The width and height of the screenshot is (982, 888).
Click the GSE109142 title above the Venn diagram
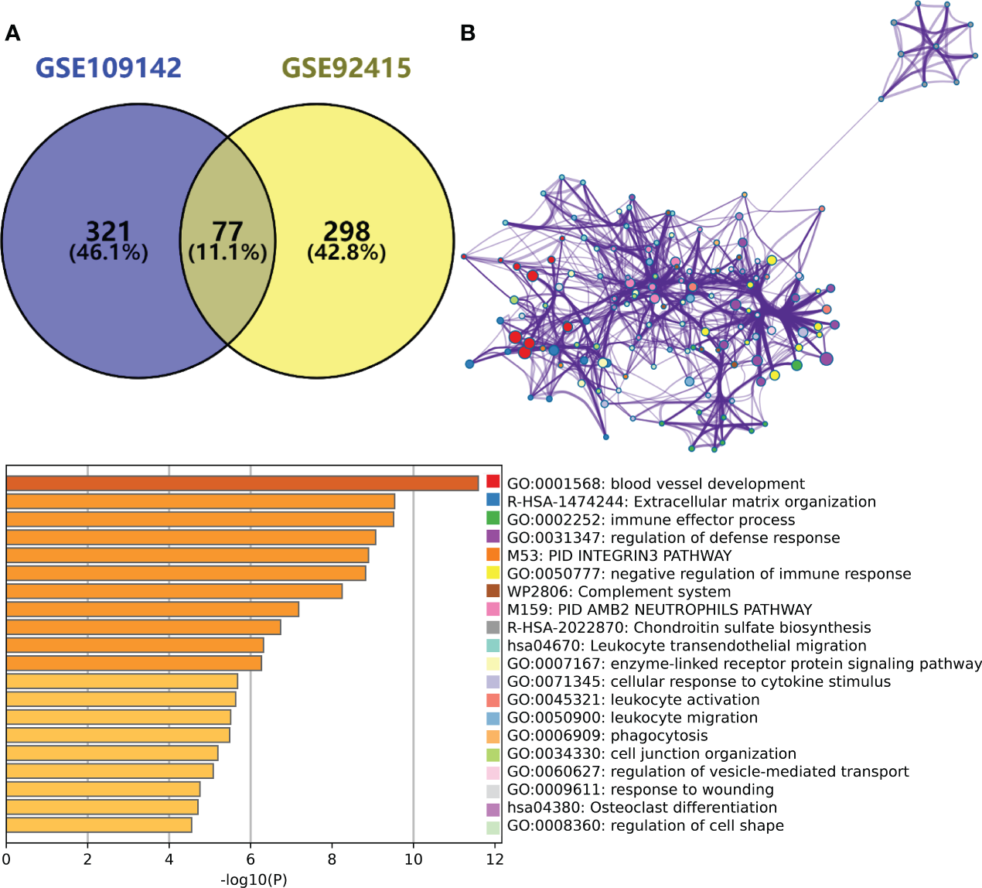pos(108,68)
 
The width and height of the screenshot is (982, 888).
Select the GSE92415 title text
pos(346,68)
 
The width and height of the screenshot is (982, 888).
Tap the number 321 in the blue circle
pos(108,231)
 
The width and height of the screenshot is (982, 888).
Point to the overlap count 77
pos(227,231)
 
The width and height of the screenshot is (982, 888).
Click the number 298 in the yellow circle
pos(346,231)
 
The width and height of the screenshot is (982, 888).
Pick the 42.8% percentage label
pos(346,253)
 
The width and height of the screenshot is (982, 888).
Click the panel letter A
pos(12,33)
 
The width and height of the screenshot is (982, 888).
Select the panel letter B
pos(467,33)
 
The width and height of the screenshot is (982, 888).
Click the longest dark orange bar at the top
pos(242,483)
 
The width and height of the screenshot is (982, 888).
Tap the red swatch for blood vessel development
pos(493,482)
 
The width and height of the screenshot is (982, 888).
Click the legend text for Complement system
pos(619,592)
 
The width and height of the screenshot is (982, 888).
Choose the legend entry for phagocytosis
pos(607,736)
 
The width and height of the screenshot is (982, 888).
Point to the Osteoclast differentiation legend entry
pos(642,808)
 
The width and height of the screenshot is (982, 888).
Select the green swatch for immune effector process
pos(493,518)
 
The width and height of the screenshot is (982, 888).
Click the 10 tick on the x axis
pos(414,859)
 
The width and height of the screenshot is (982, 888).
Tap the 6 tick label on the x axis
pos(251,859)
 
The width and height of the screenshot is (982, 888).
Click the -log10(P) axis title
pos(254,879)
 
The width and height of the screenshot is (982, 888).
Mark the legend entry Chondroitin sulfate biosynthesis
pos(688,628)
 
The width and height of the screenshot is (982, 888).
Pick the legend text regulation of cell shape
pos(645,825)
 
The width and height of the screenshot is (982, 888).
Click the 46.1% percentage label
pos(108,253)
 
